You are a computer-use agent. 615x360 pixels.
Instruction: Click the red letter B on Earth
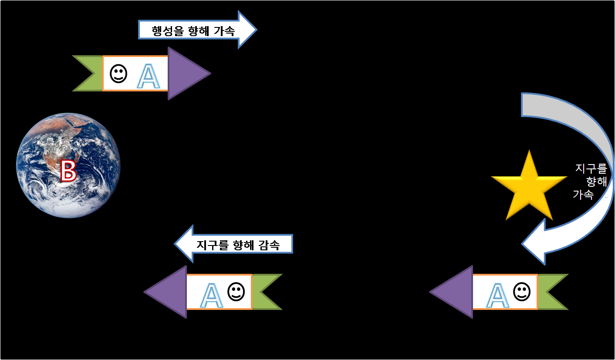(68, 171)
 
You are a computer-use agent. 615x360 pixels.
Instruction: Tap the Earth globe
(68, 165)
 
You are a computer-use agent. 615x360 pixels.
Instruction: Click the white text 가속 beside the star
(583, 195)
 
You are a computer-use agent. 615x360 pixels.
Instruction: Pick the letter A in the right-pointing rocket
(148, 77)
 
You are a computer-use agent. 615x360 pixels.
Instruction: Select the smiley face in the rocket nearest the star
(521, 291)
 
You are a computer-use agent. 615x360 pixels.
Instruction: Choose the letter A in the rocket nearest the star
(497, 295)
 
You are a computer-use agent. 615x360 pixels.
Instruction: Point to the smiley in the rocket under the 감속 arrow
(236, 291)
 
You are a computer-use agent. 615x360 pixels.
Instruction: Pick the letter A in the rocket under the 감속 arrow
(211, 295)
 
